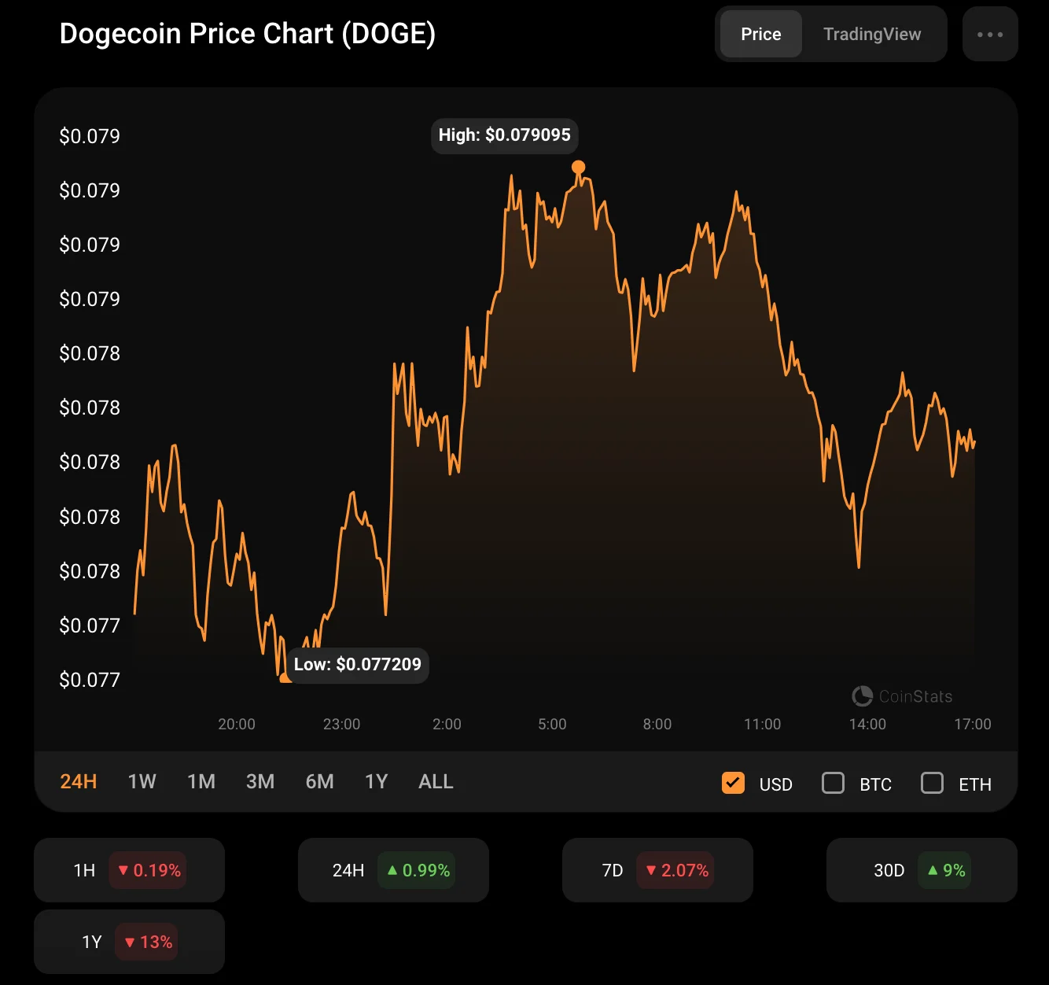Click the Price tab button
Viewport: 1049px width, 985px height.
coord(760,34)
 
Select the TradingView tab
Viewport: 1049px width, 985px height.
coord(871,34)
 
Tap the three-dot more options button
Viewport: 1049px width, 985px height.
coord(989,34)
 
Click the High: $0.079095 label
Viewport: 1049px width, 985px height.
coord(504,135)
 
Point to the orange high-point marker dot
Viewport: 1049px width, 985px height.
coord(578,167)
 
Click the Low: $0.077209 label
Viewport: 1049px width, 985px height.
coord(358,665)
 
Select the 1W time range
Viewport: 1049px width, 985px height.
coord(142,781)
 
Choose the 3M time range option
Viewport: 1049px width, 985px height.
coord(260,781)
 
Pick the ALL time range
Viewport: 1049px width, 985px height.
coord(436,781)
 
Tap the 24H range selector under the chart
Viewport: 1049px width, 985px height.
coord(79,781)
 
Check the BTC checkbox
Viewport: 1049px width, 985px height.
coord(833,783)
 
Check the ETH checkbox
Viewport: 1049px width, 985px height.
coord(932,783)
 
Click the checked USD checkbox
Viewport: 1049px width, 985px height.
coord(733,783)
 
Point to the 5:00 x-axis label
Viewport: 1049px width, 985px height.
coord(552,724)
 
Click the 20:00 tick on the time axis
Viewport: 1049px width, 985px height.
coord(237,724)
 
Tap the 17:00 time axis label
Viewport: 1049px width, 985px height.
coord(973,724)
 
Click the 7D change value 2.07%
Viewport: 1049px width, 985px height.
coord(676,870)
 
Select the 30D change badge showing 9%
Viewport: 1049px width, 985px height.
coord(944,870)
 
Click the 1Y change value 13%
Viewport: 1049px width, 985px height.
coord(148,942)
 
